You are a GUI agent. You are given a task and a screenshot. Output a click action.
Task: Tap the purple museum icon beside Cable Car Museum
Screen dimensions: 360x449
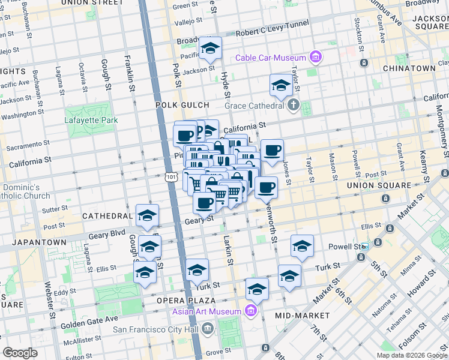(x=316, y=58)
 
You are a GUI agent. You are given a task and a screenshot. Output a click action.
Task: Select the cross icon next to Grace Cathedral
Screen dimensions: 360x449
(x=293, y=106)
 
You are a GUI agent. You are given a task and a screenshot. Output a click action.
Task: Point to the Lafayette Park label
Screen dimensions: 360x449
(x=91, y=120)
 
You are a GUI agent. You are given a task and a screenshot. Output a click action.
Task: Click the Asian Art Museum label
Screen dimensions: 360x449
(x=206, y=311)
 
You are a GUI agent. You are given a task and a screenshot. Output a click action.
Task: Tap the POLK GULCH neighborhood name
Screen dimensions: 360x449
(x=182, y=104)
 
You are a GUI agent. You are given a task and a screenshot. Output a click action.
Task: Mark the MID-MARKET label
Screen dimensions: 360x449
(x=302, y=315)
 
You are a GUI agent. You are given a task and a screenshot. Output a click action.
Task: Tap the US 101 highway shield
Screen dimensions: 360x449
(x=172, y=177)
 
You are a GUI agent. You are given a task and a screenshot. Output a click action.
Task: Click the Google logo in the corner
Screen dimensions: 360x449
(x=20, y=353)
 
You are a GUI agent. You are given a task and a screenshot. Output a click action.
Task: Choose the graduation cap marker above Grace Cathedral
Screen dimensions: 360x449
(x=280, y=86)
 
